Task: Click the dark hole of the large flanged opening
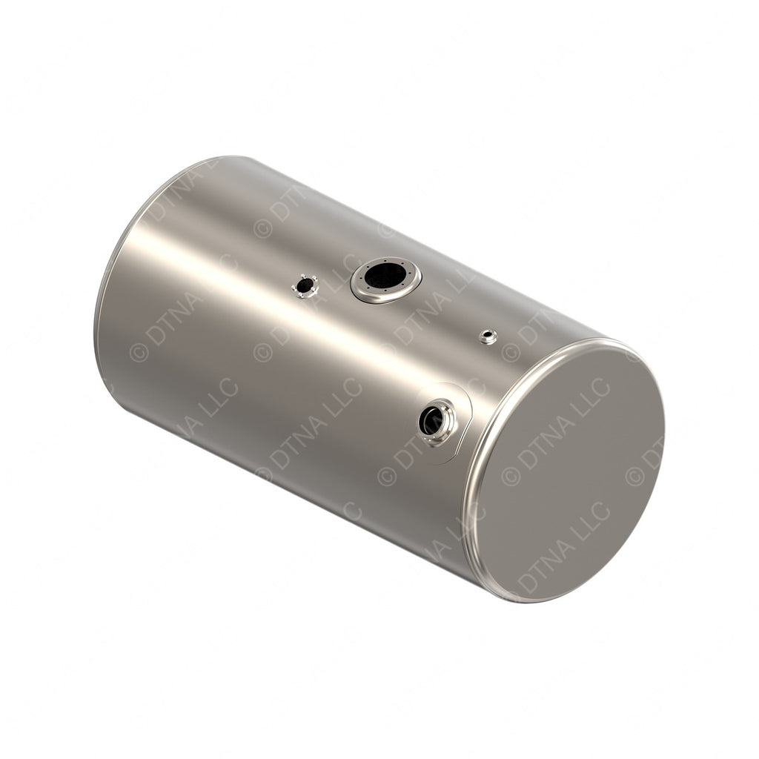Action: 385,276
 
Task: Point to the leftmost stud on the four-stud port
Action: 295,284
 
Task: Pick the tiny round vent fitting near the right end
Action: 487,336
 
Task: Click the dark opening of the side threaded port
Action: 431,421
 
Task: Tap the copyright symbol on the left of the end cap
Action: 511,476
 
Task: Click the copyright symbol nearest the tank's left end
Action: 139,353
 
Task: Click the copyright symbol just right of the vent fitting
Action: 511,351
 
